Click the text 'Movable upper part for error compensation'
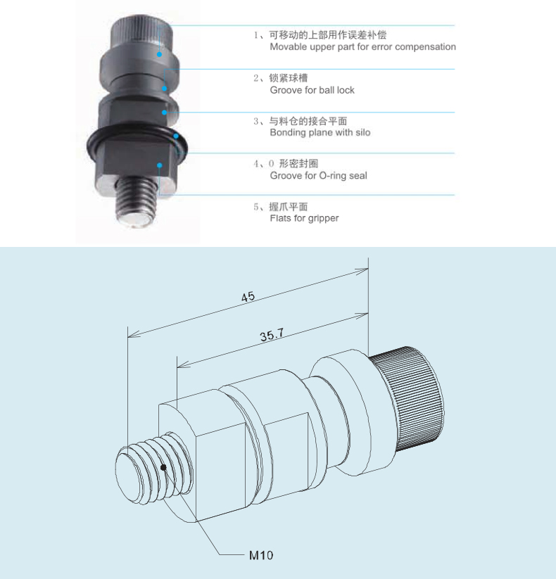coord(362,47)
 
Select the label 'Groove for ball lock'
coord(312,90)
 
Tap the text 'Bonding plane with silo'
coord(320,132)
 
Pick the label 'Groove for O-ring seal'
coord(318,175)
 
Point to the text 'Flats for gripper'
coord(304,218)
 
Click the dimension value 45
coord(248,298)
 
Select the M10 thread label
coord(261,555)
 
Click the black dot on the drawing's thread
coord(163,466)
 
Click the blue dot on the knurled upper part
coord(160,53)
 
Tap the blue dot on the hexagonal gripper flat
coord(160,165)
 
